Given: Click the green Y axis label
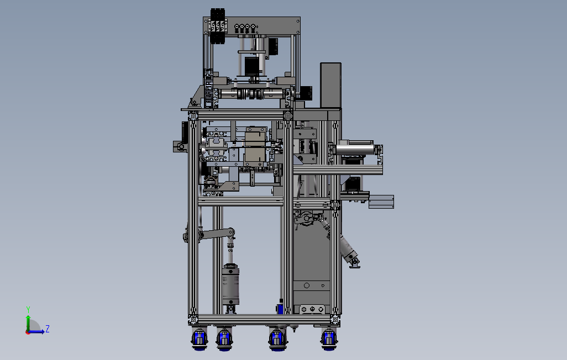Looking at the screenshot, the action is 28,309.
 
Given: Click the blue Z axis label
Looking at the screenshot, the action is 47,329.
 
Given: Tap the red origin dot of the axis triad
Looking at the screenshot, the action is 28,332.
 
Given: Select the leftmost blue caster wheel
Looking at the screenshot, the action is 200,339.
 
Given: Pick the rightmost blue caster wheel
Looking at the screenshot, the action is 329,339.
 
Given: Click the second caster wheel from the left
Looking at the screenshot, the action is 224,340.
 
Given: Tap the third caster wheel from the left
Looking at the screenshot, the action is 277,340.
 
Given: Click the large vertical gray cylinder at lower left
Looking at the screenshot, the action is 230,284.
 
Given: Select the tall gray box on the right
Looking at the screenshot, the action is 330,85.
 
